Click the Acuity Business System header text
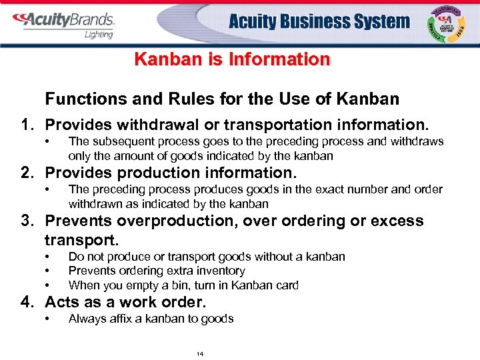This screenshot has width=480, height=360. pyautogui.click(x=319, y=21)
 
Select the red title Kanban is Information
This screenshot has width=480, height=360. pyautogui.click(x=232, y=59)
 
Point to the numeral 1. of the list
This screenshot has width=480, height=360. pyautogui.click(x=27, y=125)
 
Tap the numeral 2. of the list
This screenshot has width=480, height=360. pyautogui.click(x=27, y=173)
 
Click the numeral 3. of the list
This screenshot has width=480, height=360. pyautogui.click(x=27, y=221)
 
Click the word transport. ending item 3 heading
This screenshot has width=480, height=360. pyautogui.click(x=75, y=239)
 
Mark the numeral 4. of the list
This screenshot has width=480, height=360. pyautogui.click(x=27, y=302)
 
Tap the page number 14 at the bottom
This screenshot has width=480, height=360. pyautogui.click(x=200, y=353)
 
